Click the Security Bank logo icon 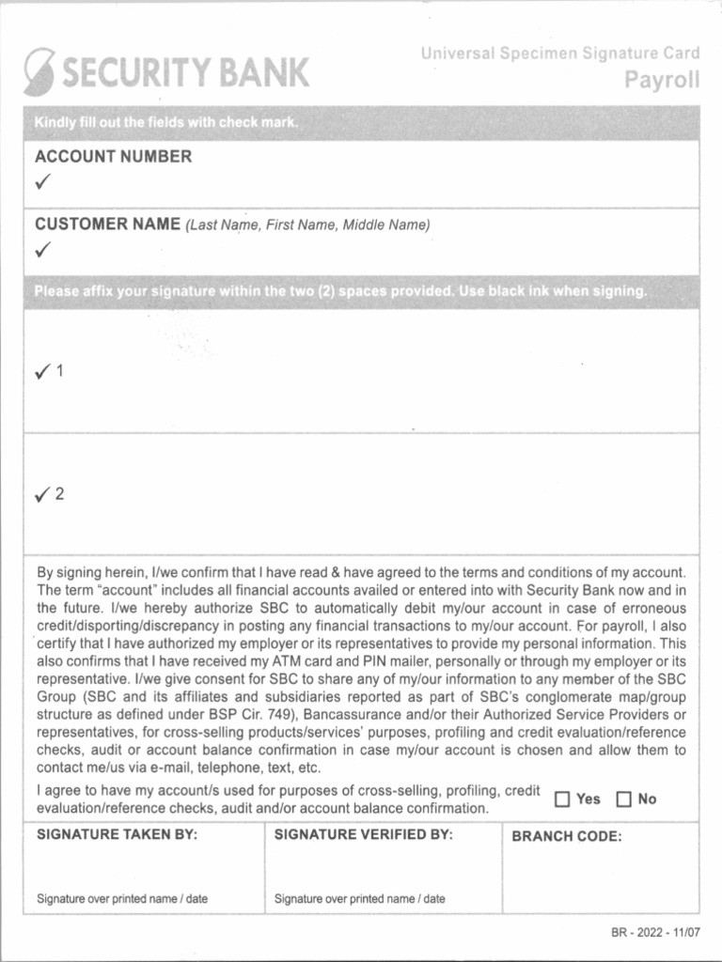point(40,70)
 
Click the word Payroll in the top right point(662,80)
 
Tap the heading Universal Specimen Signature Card point(560,54)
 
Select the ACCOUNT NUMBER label point(113,157)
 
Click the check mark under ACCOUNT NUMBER point(43,181)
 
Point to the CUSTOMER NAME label point(107,225)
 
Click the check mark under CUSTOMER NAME point(43,250)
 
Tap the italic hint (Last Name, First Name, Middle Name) point(307,225)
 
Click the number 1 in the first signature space point(60,371)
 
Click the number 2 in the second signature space point(60,494)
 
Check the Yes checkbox point(562,799)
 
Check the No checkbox point(624,799)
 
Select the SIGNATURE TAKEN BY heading point(117,835)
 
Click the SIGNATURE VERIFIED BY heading point(363,835)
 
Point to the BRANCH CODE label point(566,837)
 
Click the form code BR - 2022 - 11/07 point(654,932)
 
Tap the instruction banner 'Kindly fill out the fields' point(165,123)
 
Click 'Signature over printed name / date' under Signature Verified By point(359,899)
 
